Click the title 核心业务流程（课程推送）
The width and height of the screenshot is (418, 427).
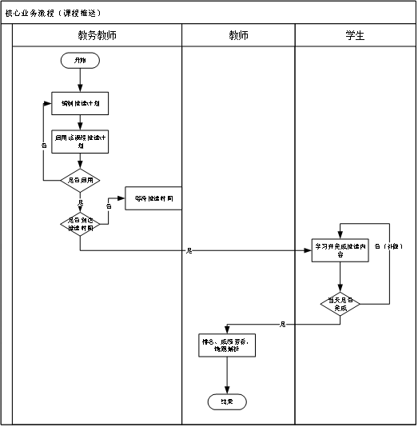54,14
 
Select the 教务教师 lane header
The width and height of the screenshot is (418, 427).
98,36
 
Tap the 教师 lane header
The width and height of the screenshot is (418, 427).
238,36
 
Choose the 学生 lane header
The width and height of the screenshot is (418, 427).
354,36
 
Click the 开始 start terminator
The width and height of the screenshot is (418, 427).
80,61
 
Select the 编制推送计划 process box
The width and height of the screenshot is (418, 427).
80,104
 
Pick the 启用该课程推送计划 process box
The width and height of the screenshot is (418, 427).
80,142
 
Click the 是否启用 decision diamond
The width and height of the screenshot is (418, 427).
80,181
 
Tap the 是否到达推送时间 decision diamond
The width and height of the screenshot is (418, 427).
80,224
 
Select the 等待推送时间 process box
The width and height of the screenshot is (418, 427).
153,198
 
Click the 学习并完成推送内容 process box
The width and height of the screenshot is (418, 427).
340,249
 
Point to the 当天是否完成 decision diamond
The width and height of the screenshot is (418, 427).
340,304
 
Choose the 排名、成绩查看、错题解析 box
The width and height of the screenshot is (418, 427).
228,345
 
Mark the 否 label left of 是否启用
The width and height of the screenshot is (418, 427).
43,146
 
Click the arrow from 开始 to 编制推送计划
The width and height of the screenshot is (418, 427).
80,80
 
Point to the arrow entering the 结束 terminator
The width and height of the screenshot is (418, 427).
228,376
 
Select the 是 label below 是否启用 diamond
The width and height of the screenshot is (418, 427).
80,202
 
